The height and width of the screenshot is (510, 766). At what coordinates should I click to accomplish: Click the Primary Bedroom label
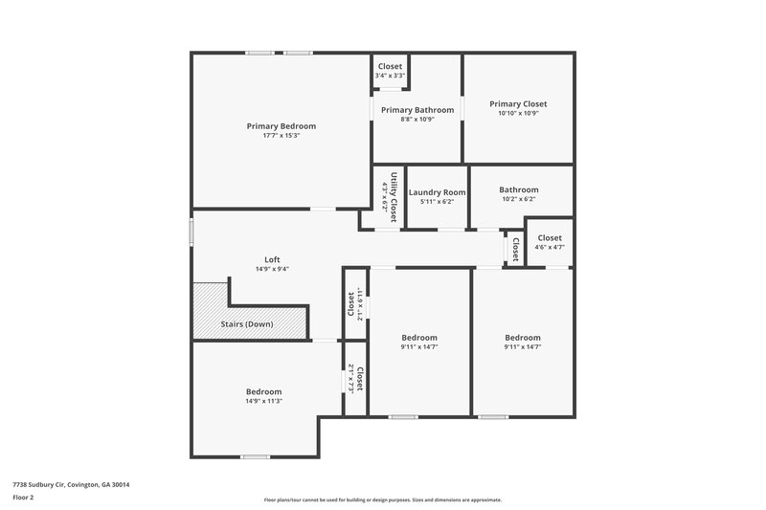point(281,126)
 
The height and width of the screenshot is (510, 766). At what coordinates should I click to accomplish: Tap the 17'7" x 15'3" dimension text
point(281,136)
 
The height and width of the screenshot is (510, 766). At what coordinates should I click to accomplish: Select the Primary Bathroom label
point(417,110)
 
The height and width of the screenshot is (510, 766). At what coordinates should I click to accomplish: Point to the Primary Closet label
point(518,103)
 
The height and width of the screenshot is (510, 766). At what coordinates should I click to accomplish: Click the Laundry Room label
point(437,192)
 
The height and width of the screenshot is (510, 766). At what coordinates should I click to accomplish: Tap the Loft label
point(272,259)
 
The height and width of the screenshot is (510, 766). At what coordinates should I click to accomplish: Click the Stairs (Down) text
point(247,324)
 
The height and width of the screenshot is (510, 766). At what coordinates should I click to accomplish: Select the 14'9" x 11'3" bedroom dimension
point(263,401)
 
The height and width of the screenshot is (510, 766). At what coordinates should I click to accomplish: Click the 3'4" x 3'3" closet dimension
point(390,76)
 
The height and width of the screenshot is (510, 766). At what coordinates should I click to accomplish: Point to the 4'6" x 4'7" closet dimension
point(550,247)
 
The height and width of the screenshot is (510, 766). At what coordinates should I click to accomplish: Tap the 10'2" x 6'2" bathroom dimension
point(518,199)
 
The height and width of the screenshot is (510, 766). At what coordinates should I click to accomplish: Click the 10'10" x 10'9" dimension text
point(518,113)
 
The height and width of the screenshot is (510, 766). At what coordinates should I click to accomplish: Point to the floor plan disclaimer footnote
point(382,499)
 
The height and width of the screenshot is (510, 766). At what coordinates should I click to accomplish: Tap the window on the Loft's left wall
point(191,231)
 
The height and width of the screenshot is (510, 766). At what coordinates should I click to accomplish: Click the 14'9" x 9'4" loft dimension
point(272,269)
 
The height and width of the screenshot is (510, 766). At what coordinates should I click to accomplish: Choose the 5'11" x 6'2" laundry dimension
point(437,202)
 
